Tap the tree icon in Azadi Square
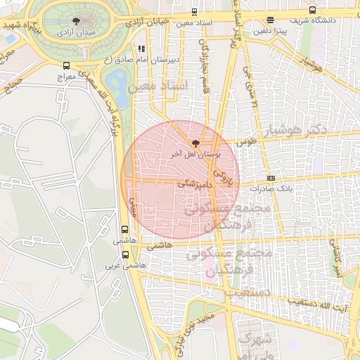point(75,21)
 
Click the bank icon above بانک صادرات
point(271,178)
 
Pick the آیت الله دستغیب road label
point(318,302)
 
